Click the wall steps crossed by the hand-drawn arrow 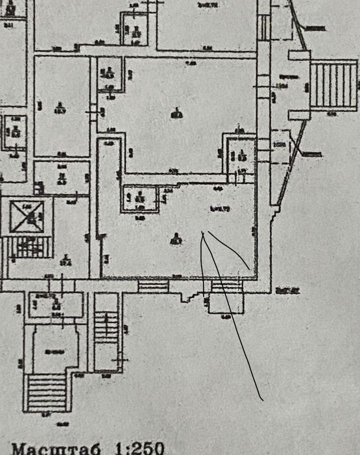click(x=226, y=285)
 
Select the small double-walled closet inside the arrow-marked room click(x=140, y=198)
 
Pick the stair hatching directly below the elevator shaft click(x=31, y=247)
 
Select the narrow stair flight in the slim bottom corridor click(x=106, y=327)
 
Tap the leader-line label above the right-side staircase click(x=313, y=29)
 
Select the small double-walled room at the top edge click(x=135, y=28)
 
